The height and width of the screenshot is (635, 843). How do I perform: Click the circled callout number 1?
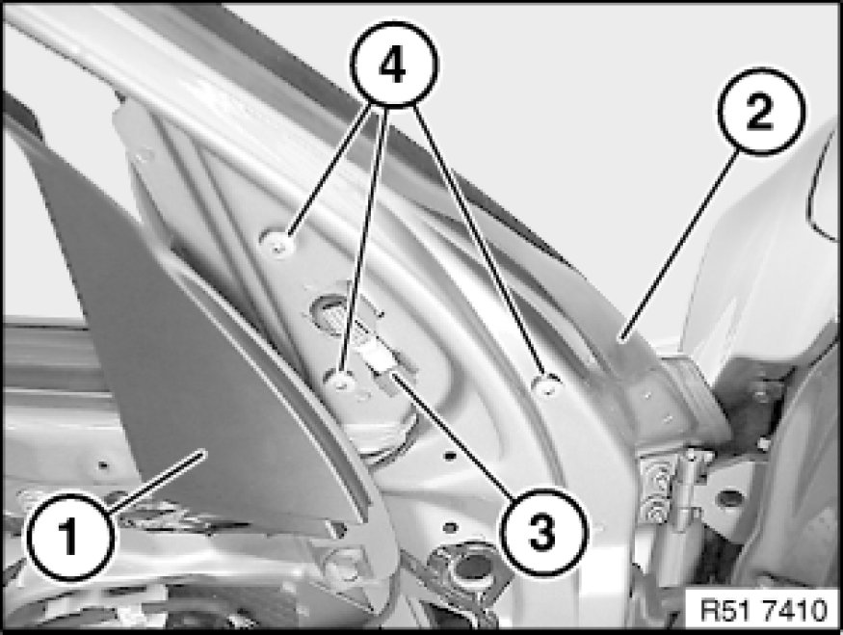(x=70, y=537)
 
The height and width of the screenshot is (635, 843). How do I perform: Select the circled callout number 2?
(x=760, y=112)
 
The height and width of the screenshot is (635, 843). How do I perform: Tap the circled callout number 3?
(x=543, y=532)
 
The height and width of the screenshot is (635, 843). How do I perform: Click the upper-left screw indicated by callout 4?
(x=278, y=243)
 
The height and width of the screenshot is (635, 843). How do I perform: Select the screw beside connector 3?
(x=341, y=381)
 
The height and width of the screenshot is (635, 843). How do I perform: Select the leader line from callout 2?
(x=679, y=246)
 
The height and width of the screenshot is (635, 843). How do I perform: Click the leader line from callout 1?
(x=157, y=480)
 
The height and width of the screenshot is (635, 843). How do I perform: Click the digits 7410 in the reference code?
(x=795, y=611)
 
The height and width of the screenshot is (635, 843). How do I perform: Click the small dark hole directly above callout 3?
(x=451, y=456)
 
